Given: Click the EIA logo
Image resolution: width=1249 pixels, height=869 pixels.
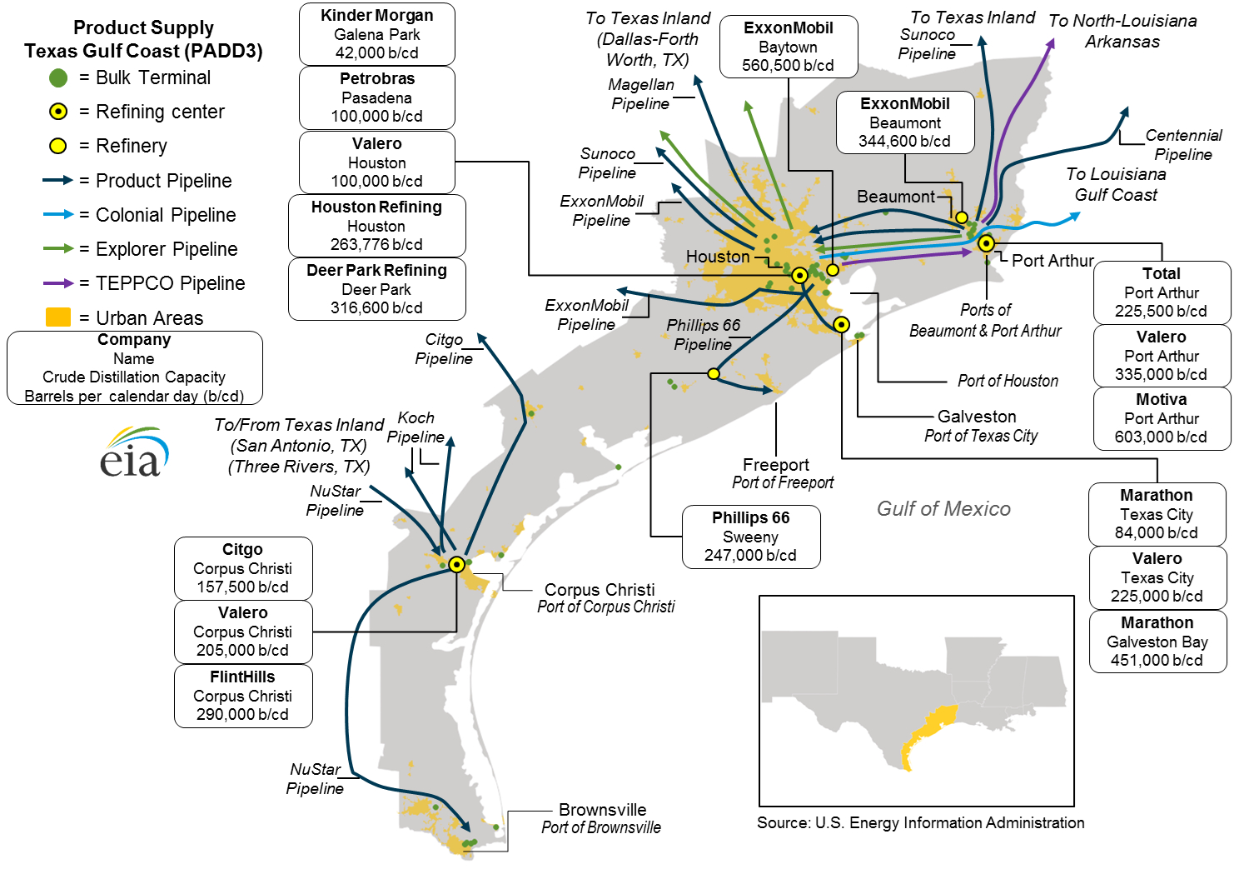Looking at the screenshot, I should tap(133, 452).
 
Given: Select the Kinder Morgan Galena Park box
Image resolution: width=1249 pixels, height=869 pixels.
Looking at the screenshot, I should tap(376, 34).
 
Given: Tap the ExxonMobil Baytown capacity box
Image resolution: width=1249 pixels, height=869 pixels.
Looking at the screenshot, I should tap(788, 47).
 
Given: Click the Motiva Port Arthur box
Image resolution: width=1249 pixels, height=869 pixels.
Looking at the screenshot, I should tap(1161, 418).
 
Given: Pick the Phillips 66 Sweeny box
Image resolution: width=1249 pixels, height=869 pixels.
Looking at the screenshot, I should tap(750, 537).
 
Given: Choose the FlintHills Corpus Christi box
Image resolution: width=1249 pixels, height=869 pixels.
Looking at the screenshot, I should tap(242, 696).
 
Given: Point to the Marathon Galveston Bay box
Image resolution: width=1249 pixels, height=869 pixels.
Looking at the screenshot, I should tap(1157, 642).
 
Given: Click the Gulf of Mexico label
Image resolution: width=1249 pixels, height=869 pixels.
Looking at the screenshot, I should tap(943, 509).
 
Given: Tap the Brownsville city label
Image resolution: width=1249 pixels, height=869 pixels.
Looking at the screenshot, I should tap(602, 810).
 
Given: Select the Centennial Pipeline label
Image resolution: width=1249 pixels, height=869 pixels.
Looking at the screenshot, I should tap(1182, 144).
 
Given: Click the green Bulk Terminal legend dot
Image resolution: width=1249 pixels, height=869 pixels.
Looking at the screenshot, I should tap(58, 78).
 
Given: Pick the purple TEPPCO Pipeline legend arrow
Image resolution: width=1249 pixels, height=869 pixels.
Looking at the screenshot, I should tap(58, 283).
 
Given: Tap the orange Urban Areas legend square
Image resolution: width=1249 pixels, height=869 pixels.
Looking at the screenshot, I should tap(58, 317).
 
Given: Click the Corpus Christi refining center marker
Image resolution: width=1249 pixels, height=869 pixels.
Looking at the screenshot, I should tap(456, 564).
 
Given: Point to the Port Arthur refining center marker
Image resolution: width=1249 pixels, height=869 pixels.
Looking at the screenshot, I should tap(986, 243).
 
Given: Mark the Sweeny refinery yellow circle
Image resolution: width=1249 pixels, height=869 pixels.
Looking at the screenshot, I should tap(714, 374).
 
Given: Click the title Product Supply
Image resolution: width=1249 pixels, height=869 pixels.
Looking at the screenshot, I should tap(143, 27).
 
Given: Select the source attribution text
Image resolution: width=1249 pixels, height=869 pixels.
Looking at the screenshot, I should tap(920, 823).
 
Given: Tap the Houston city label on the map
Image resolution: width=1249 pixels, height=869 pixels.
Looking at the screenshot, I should tap(717, 257).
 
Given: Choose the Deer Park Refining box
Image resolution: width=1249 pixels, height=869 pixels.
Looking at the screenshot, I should tap(376, 289).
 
